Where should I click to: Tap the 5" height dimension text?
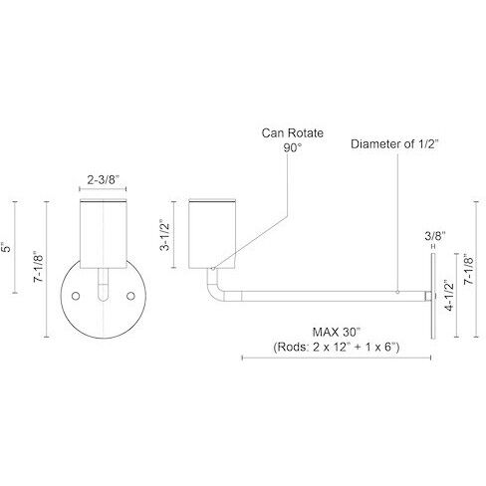[14, 243]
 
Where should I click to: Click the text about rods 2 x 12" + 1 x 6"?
[335, 348]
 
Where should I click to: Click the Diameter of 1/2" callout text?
[394, 144]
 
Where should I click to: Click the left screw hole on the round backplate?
[77, 298]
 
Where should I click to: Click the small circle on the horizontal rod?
[396, 294]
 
